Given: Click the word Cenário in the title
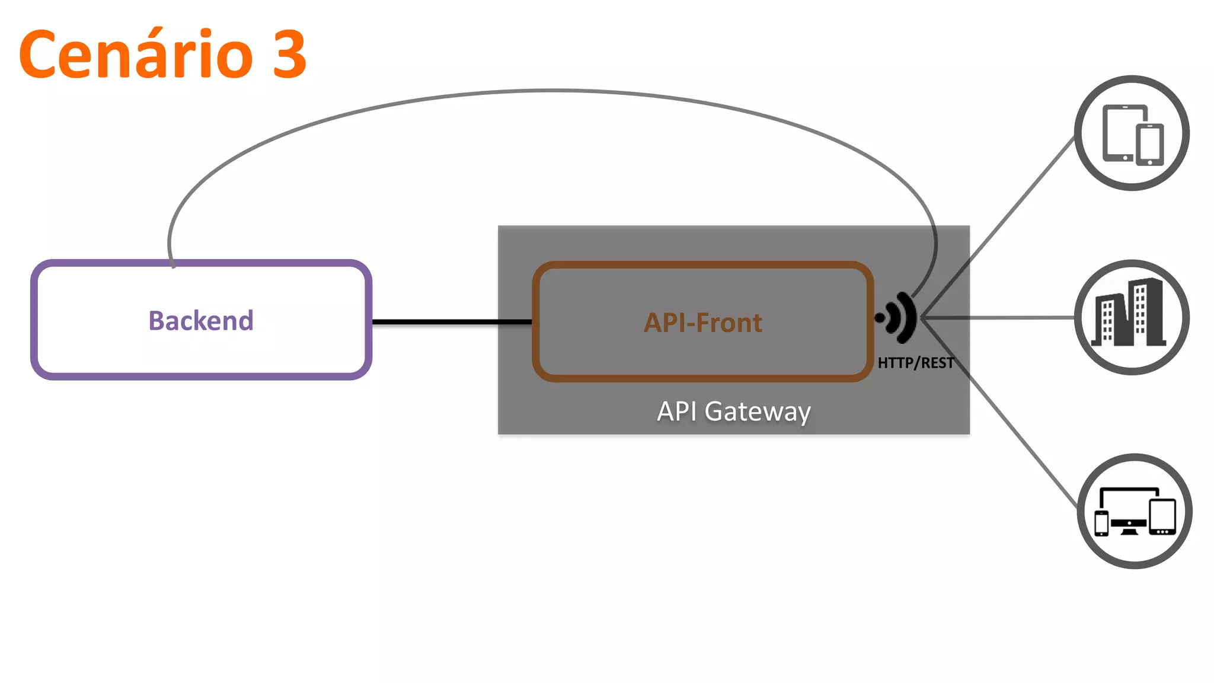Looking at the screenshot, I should [x=136, y=55].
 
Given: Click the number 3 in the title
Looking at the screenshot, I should [x=289, y=55].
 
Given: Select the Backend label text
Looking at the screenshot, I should [x=201, y=321].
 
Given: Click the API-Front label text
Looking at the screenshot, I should [x=703, y=323].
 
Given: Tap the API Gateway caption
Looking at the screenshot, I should [x=734, y=411].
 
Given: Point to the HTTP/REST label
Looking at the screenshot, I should [x=915, y=363].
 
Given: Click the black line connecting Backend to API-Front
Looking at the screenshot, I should [x=451, y=322].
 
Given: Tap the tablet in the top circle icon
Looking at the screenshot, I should [x=1118, y=133].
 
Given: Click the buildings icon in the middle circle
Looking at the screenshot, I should [x=1129, y=313].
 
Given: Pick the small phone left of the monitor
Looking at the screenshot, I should [x=1101, y=523].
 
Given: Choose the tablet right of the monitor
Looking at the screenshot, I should [x=1162, y=516].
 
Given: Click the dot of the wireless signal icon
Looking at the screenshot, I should [x=880, y=318].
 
